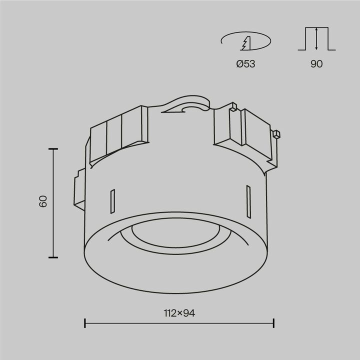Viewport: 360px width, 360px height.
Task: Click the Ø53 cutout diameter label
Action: [x=245, y=64]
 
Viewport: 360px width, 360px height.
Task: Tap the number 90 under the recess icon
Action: [x=316, y=64]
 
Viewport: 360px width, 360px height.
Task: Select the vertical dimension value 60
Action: [x=43, y=201]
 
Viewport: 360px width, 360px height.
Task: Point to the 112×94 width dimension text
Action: [x=179, y=313]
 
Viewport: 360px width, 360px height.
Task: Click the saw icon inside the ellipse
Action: [x=245, y=43]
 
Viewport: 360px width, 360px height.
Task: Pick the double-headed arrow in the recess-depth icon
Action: [x=316, y=38]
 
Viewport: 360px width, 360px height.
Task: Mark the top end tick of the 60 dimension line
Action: [x=53, y=149]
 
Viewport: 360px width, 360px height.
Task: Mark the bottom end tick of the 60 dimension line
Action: [x=53, y=257]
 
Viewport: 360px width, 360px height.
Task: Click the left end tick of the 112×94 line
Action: [x=85, y=323]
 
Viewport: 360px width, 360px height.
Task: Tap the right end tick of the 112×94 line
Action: [x=273, y=323]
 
